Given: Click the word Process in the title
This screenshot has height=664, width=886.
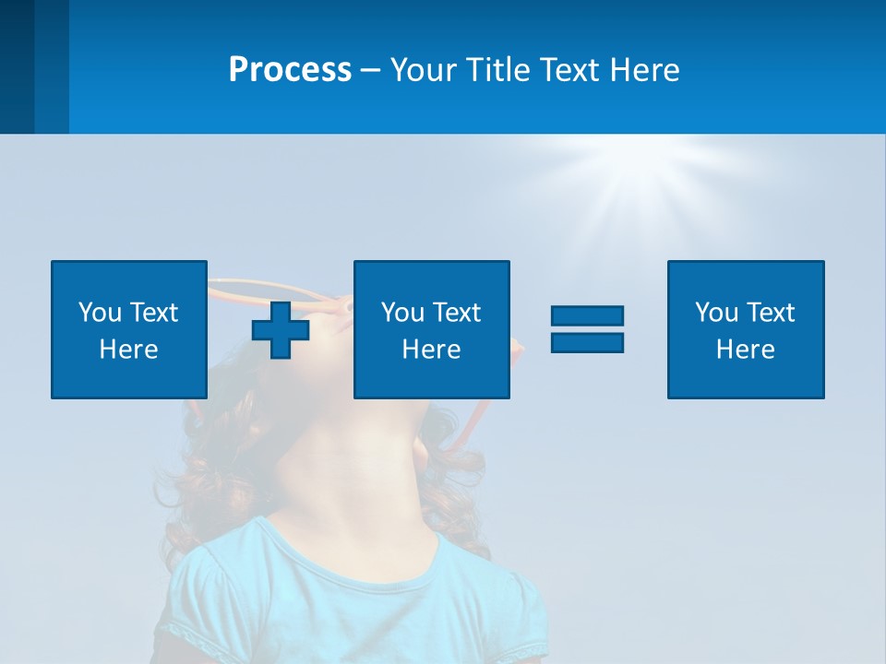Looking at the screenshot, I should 290,70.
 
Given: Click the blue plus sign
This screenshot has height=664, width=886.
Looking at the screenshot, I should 281,329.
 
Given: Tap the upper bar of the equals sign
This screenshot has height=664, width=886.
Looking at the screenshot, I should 587,316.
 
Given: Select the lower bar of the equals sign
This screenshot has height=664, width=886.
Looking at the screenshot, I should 587,342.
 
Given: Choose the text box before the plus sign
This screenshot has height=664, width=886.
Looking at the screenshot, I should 129,329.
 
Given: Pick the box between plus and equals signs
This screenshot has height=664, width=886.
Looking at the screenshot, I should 431,329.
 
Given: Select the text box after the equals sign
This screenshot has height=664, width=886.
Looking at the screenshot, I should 746,329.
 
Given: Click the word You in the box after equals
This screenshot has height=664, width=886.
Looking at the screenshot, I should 715,313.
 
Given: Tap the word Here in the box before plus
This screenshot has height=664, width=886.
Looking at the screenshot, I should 129,350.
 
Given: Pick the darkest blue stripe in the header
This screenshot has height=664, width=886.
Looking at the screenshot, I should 17,66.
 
